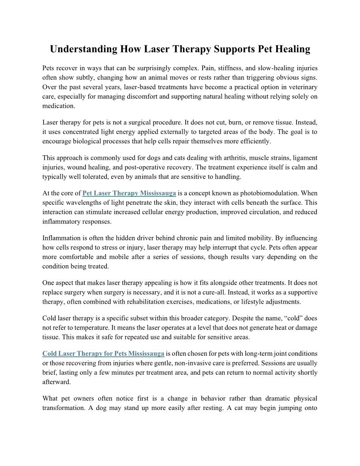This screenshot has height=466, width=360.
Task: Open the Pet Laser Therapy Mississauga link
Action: tap(129, 193)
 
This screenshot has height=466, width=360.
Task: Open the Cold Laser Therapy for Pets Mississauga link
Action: tap(103, 353)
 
